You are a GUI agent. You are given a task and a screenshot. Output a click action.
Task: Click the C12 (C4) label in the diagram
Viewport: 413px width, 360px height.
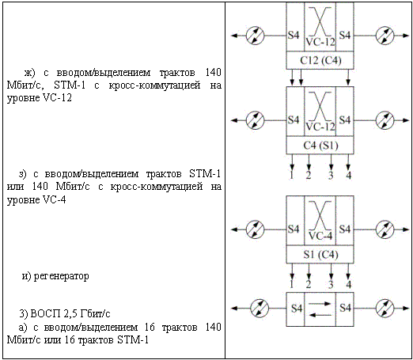click(320, 61)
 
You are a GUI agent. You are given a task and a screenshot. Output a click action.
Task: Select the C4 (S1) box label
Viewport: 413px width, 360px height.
click(320, 146)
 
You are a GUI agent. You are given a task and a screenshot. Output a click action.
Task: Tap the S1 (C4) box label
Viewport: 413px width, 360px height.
click(320, 255)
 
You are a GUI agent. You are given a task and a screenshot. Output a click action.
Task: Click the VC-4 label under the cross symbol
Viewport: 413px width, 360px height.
click(320, 236)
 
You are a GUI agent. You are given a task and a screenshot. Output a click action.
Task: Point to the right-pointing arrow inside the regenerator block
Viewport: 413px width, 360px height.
click(320, 304)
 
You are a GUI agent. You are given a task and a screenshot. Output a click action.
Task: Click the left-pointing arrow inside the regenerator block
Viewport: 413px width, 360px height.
click(320, 315)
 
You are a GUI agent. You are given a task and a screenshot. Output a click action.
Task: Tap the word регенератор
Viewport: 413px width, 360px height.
click(62, 276)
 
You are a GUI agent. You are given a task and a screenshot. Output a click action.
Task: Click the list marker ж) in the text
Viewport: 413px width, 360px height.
click(30, 73)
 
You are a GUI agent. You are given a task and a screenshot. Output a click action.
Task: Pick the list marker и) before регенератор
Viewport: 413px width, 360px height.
click(26, 276)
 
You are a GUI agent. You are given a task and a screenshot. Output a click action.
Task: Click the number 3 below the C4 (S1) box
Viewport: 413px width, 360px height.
click(331, 175)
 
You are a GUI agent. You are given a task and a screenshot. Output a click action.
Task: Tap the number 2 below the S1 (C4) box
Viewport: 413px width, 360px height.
click(309, 284)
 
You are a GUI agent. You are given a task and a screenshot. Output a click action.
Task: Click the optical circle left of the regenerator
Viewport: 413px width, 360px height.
click(260, 308)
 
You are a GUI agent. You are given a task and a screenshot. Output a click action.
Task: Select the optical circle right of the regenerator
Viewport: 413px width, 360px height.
click(385, 308)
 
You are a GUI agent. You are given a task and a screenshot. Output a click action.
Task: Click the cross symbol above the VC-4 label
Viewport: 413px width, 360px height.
click(320, 215)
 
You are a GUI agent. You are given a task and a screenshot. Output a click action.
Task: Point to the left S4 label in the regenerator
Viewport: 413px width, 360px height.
click(297, 308)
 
